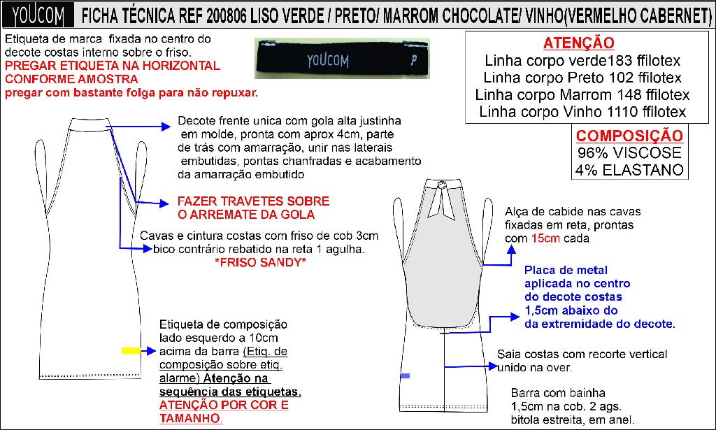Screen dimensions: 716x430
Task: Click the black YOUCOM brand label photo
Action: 343,59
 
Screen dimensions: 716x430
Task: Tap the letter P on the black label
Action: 414,60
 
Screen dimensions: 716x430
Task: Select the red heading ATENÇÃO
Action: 578,43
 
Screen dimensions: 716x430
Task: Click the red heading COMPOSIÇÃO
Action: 629,136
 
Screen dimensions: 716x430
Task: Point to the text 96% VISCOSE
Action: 629,152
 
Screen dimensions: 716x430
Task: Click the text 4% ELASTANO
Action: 629,170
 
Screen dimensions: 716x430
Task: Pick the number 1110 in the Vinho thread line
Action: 622,112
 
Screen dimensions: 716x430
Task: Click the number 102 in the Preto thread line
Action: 621,78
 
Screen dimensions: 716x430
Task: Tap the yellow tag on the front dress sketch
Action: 131,350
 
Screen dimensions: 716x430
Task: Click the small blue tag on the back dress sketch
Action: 405,375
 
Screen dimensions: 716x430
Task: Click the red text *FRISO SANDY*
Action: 260,262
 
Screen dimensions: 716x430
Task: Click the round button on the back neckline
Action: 442,185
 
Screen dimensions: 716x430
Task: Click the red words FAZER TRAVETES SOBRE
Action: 253,201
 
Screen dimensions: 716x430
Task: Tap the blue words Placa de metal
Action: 566,270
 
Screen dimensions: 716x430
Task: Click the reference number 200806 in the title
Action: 227,17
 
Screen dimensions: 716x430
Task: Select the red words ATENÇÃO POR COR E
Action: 224,405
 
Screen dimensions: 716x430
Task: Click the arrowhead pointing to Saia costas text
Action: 493,366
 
